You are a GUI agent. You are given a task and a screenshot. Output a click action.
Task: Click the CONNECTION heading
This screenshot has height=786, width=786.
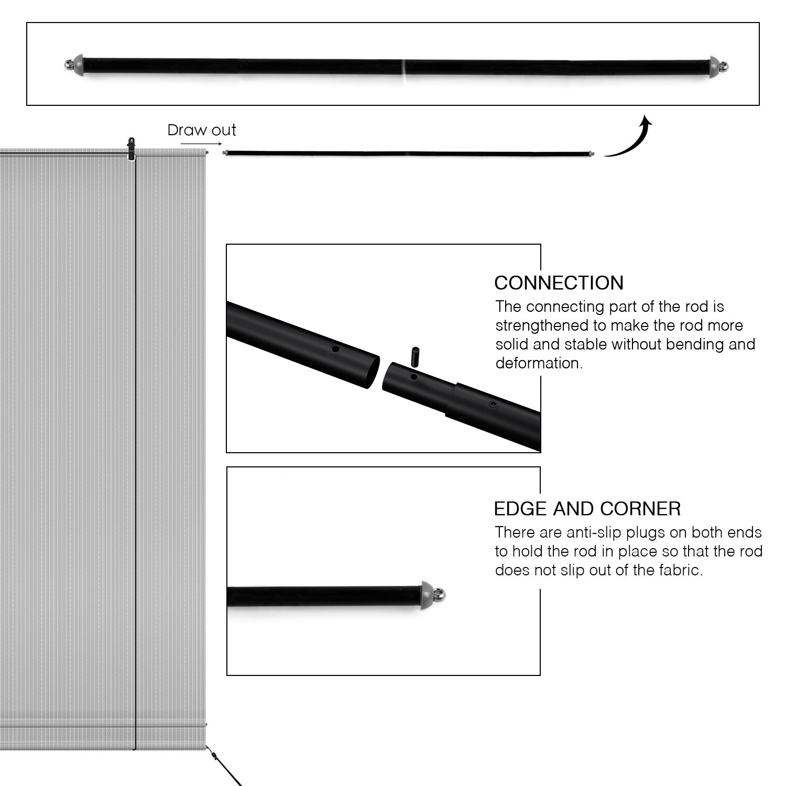coord(559,283)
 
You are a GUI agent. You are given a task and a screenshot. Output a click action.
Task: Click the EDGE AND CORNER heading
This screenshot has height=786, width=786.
coord(587,509)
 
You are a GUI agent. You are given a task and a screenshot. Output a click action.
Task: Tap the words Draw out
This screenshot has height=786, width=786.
coord(202,130)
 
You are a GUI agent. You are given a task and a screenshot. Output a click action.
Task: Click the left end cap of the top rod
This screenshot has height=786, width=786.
coord(74,64)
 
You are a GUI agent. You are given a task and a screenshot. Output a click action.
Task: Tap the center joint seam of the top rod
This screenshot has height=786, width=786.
coord(404,67)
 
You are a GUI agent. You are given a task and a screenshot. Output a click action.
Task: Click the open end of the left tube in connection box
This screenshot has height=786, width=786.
coord(372,372)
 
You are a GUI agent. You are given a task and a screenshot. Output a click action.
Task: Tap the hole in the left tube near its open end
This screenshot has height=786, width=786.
coord(336,349)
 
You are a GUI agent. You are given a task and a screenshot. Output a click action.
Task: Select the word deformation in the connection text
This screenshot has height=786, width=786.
coord(539,363)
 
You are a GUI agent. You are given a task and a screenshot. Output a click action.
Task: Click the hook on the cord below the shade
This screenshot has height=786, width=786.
coord(214,756)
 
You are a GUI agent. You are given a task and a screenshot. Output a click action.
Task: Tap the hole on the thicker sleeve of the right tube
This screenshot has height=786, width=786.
coord(493,405)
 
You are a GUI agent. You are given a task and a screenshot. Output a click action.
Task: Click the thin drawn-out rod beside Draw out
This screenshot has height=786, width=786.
coord(409,154)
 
